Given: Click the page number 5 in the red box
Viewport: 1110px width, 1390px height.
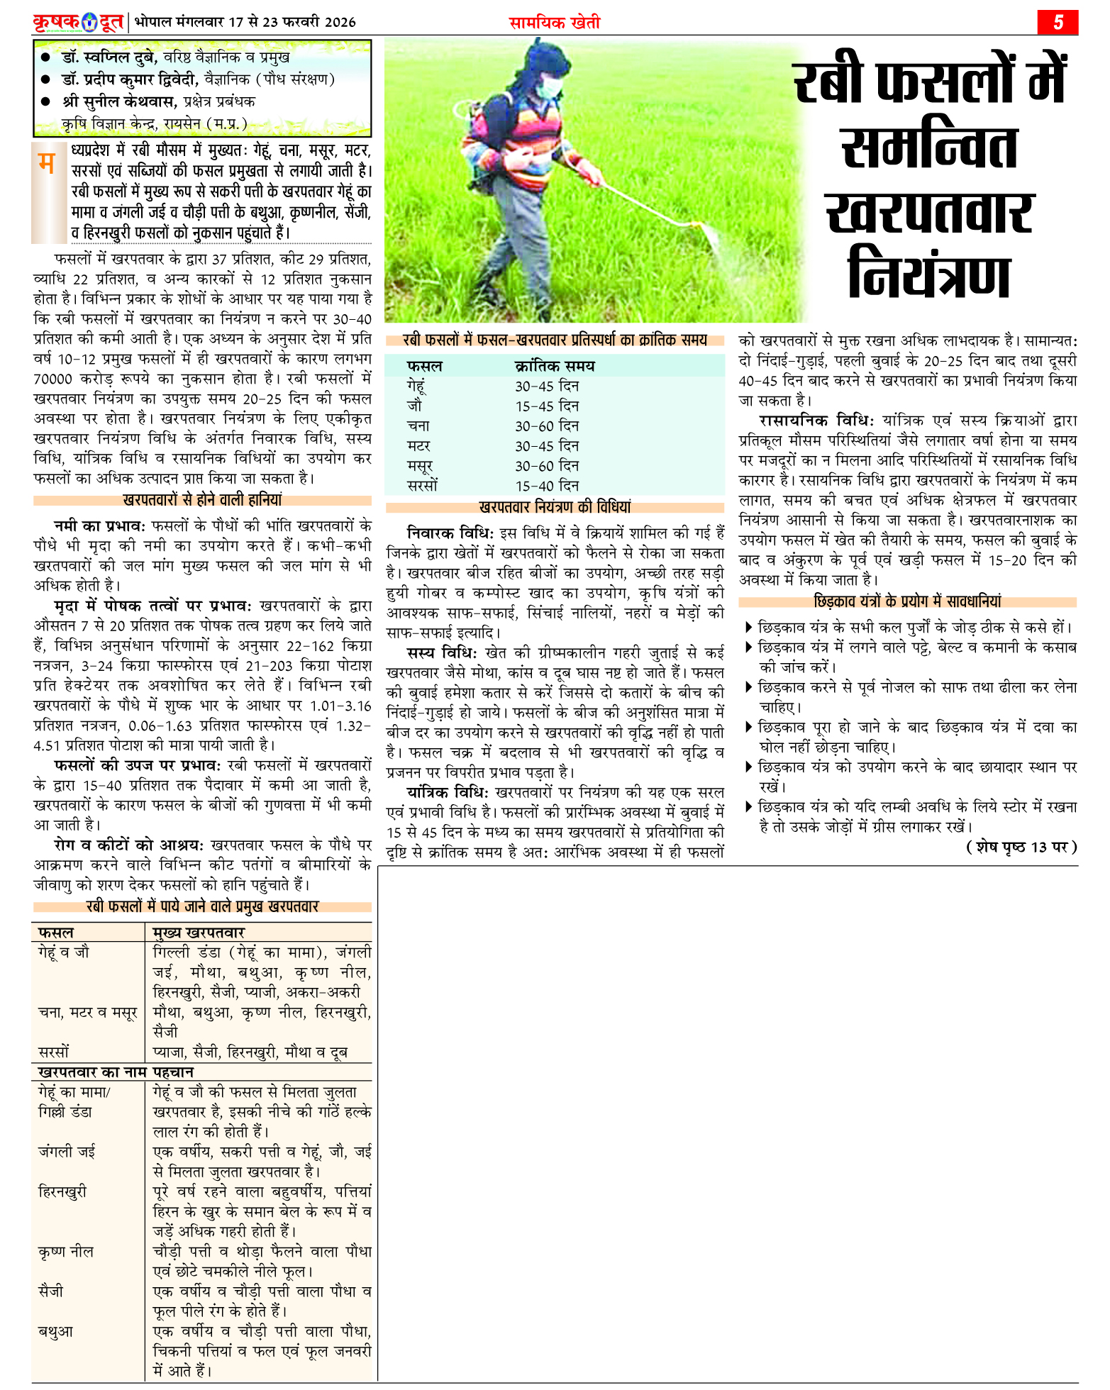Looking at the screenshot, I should coord(1058,22).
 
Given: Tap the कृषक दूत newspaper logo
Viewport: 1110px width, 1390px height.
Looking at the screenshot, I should coord(78,22).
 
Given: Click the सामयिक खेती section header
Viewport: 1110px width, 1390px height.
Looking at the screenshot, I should coord(555,23).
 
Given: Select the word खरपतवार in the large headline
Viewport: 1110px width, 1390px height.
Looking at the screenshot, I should coord(929,211).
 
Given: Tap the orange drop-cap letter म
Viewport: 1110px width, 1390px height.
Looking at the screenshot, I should coord(46,164).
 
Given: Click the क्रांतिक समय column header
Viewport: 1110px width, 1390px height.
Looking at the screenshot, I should coord(555,367).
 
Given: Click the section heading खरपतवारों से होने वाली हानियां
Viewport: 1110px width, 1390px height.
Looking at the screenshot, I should coord(202,500).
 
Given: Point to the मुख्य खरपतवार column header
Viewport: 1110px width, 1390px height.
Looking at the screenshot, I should coord(199,933).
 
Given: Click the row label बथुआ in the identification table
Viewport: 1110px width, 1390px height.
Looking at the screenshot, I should coord(56,1331).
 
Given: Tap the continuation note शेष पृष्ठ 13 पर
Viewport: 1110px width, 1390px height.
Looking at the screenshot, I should coord(1021,847).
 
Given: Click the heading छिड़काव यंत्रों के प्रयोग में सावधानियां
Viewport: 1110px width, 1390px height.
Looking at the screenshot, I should coord(908,601).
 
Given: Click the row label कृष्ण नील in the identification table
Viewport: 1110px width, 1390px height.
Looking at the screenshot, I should coord(66,1252).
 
